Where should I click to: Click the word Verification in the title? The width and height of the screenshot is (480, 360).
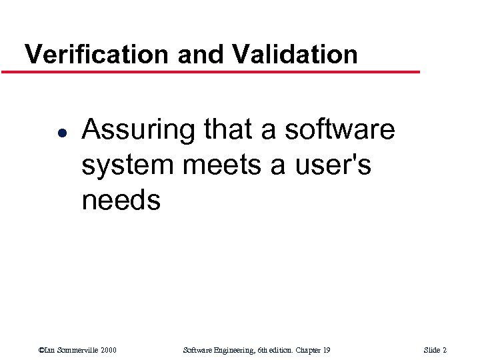tap(96, 53)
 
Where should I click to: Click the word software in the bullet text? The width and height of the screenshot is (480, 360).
tap(339, 129)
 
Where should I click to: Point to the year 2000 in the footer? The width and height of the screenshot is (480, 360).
tap(109, 350)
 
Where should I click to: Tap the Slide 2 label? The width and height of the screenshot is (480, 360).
tap(435, 350)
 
